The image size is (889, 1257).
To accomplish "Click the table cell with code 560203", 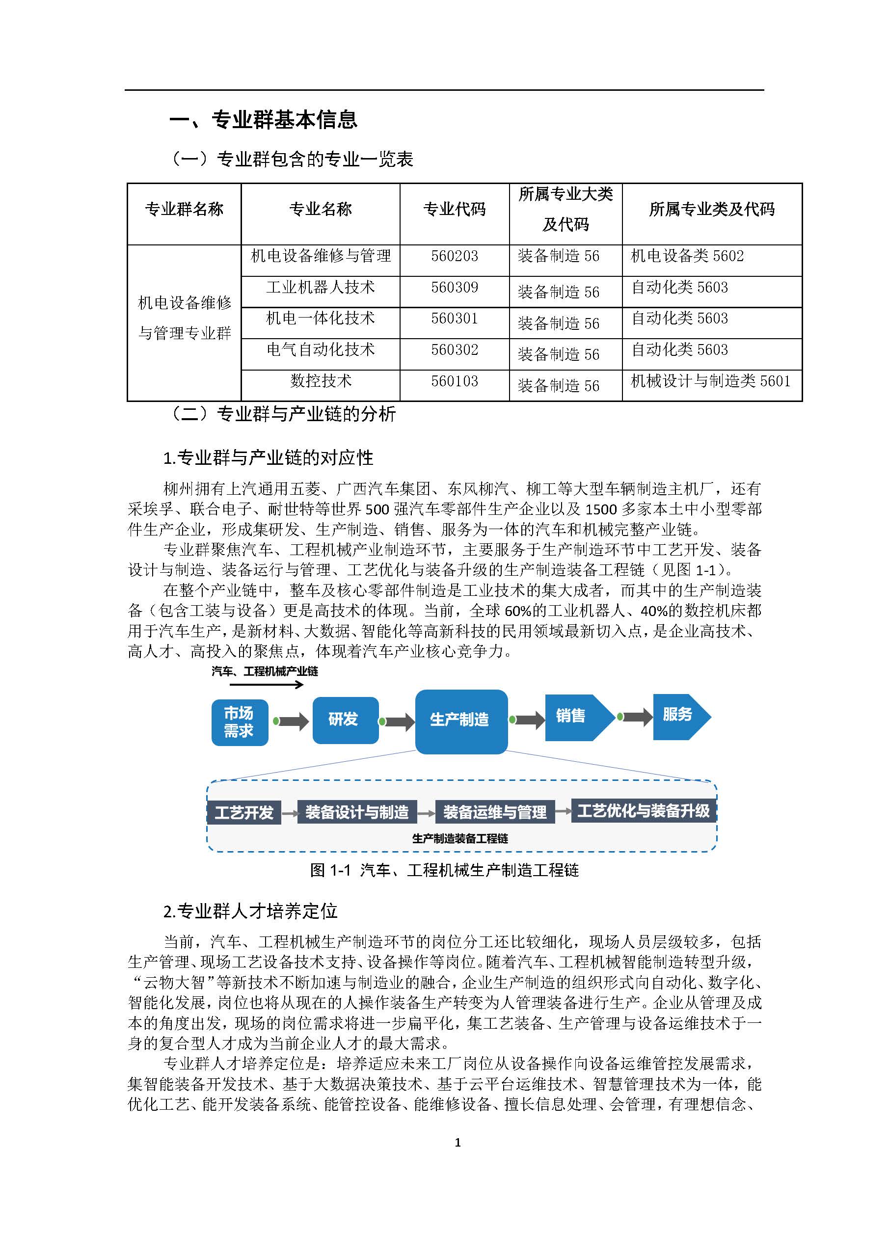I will click(455, 256).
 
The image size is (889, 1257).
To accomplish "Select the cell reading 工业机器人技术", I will click(320, 288).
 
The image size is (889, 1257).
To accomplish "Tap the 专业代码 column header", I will click(455, 209).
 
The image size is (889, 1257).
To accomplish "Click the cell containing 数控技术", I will click(320, 381).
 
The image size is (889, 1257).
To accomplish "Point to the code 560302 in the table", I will click(455, 350).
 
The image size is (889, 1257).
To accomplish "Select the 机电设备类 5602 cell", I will click(687, 256).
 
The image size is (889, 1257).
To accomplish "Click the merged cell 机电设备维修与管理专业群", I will click(185, 318).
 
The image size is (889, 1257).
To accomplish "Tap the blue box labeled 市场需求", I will click(239, 722).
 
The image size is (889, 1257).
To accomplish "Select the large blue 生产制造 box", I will click(461, 721).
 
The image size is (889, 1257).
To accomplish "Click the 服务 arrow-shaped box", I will click(679, 715).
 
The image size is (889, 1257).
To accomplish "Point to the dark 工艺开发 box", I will click(243, 812).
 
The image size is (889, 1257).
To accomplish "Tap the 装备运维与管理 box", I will click(494, 812).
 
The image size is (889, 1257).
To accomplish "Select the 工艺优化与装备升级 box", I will click(643, 811).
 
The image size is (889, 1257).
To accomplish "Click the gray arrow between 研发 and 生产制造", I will click(399, 722).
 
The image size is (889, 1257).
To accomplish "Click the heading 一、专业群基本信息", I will click(263, 120).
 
